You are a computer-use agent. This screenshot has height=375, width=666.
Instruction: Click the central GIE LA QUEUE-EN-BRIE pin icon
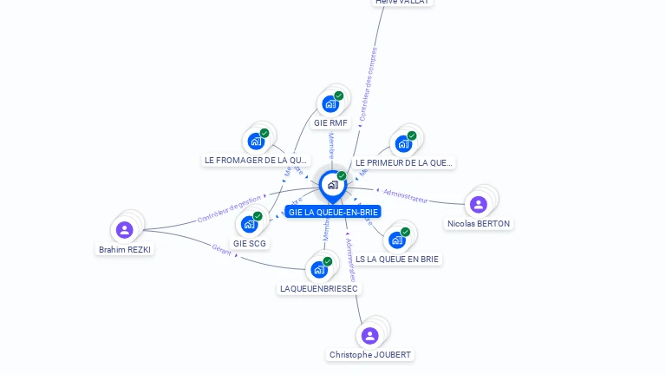click(332, 185)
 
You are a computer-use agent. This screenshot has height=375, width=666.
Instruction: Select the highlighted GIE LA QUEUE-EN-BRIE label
click(333, 212)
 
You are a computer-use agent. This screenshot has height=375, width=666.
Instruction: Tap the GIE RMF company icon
click(330, 104)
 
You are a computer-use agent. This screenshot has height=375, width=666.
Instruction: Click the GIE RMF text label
click(330, 123)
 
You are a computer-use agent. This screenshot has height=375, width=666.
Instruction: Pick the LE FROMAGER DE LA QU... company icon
click(256, 141)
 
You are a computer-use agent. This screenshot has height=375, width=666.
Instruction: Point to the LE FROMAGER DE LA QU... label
click(256, 161)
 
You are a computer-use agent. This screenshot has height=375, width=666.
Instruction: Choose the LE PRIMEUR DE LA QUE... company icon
click(403, 143)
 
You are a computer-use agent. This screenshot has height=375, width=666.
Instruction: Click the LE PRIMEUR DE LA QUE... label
click(403, 162)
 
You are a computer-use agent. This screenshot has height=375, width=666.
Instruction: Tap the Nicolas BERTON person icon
click(478, 205)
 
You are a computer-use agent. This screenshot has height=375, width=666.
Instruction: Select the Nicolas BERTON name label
click(479, 224)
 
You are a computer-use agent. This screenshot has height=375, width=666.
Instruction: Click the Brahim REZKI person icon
click(124, 230)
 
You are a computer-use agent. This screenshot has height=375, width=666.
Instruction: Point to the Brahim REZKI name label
click(125, 250)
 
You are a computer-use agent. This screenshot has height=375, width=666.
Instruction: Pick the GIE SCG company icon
click(249, 224)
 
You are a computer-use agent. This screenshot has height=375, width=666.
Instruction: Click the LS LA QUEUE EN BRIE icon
click(396, 240)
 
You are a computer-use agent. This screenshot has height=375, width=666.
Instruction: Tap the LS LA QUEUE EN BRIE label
click(397, 259)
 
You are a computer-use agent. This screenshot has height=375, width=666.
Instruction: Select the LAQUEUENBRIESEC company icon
click(318, 269)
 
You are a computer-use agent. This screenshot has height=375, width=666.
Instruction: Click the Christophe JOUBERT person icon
click(369, 336)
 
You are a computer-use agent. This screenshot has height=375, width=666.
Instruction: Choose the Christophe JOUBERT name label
click(370, 355)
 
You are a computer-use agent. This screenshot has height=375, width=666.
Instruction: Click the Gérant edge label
click(222, 249)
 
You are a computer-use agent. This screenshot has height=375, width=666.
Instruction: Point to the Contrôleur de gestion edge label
click(229, 208)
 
